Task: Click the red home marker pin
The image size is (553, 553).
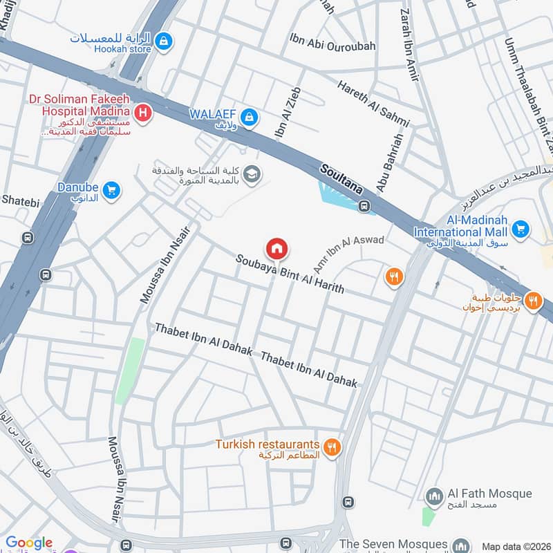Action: coord(276,248)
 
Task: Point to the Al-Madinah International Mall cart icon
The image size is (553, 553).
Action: coord(521,229)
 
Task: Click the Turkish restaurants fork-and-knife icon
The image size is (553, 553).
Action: coord(332,447)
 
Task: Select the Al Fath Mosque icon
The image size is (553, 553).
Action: coord(434,495)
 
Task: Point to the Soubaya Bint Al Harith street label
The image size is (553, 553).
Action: coord(290,274)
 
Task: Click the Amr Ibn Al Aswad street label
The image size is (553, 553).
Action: coord(348,253)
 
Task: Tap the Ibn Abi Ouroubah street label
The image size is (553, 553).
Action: coord(332,46)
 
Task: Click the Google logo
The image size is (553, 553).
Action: coord(29,543)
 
